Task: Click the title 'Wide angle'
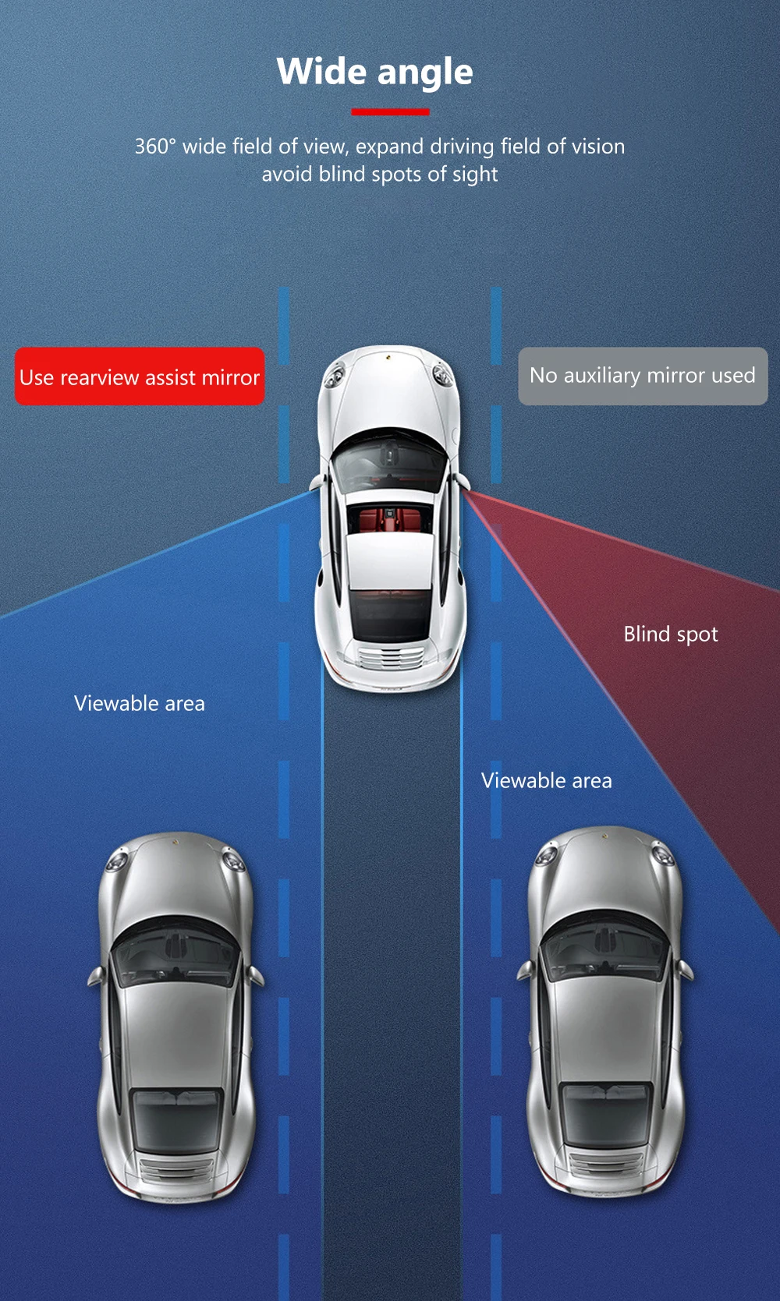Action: tap(374, 72)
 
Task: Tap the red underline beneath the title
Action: tap(390, 112)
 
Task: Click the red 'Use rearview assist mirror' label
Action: tap(140, 377)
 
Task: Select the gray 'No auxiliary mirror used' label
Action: tap(643, 376)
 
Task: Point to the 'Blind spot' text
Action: tap(670, 635)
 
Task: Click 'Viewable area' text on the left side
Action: tap(140, 704)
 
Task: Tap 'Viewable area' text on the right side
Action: tap(546, 781)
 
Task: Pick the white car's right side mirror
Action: tap(462, 481)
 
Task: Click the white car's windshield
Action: tap(388, 461)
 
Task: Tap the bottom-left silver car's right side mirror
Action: tap(256, 975)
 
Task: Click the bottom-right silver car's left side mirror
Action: tap(525, 970)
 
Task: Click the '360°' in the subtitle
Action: tap(155, 147)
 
